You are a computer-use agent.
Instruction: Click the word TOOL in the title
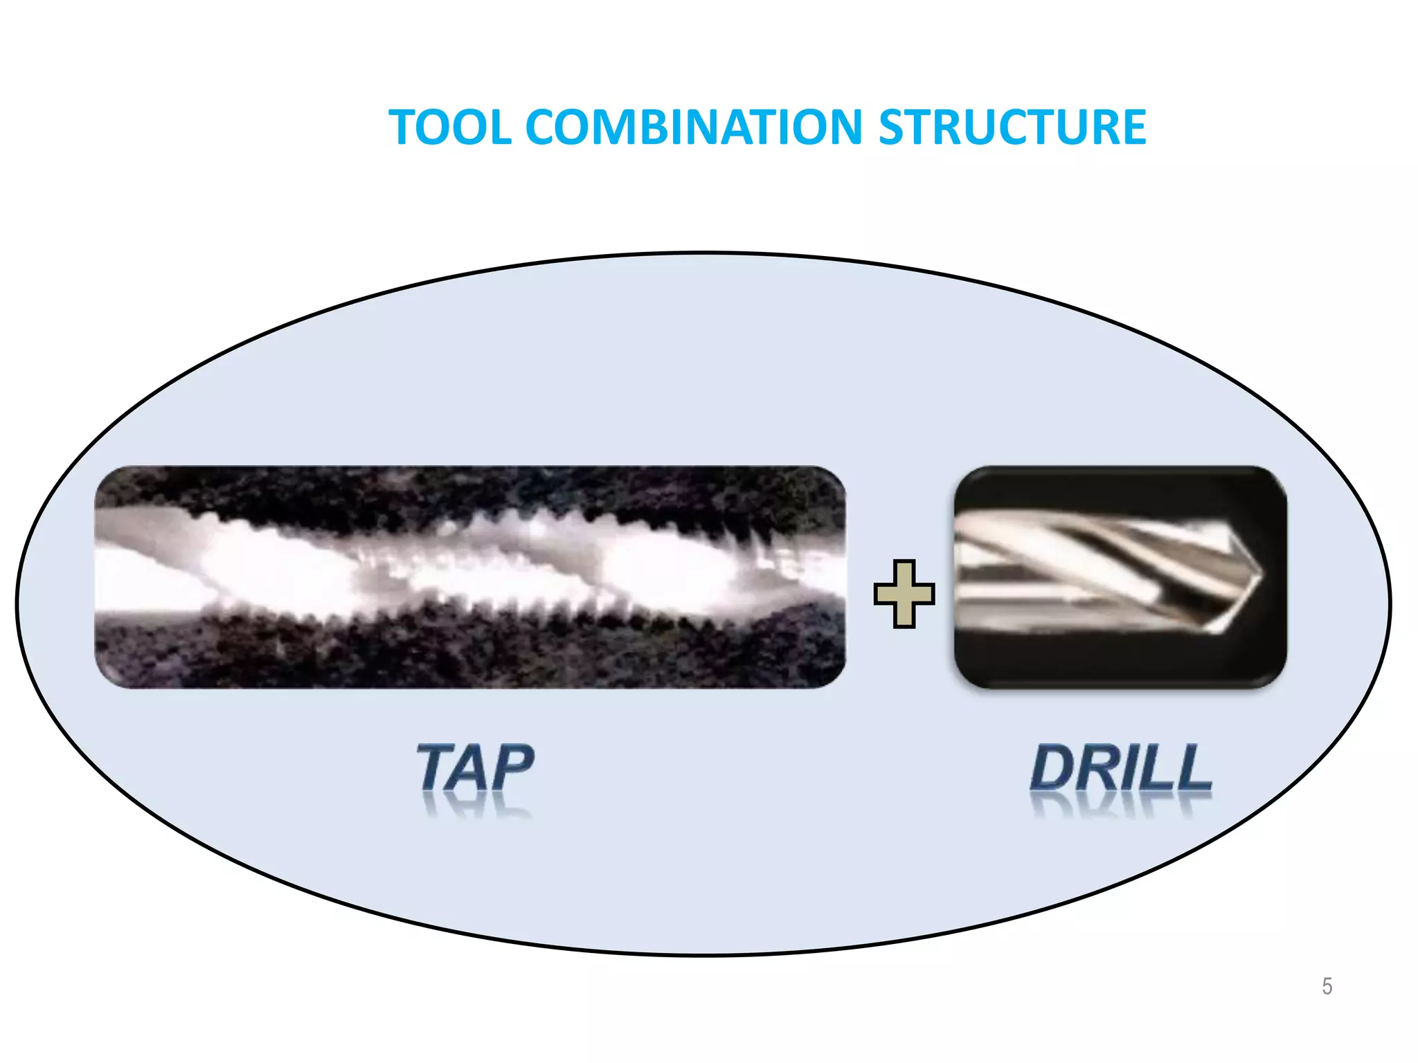point(451,127)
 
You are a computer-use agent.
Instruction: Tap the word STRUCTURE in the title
point(1012,127)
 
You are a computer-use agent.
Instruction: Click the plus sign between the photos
point(904,594)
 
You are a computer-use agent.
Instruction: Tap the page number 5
point(1327,985)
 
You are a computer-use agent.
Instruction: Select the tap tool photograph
point(469,576)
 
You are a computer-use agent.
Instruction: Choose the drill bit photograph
point(1120,576)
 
